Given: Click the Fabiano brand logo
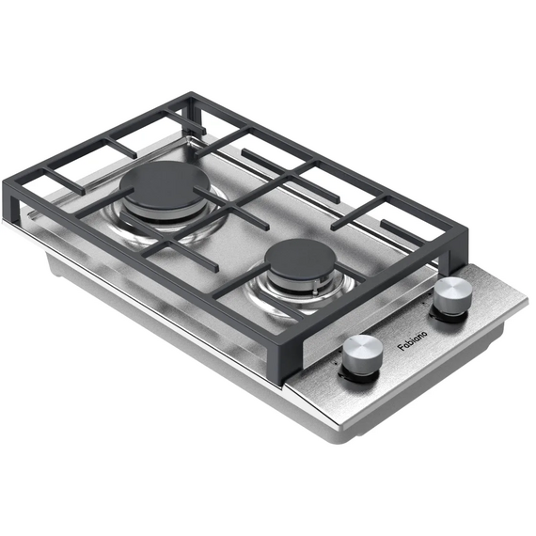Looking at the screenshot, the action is tap(412, 340).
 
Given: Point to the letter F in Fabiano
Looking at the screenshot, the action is tap(401, 348).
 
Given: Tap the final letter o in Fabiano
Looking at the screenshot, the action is tap(424, 333).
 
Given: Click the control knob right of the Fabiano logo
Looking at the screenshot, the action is tap(453, 294).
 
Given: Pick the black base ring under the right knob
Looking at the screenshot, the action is tap(449, 315).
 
